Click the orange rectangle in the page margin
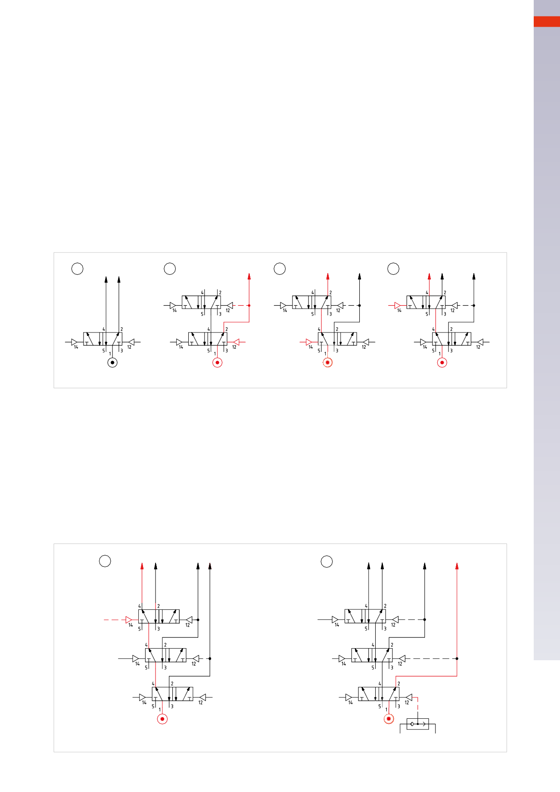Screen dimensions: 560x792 547,22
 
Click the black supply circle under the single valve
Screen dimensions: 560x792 112,363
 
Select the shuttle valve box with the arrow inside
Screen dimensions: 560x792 418,724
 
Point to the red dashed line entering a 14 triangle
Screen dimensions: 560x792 115,620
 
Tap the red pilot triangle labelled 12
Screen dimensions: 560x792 236,342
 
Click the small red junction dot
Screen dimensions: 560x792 249,305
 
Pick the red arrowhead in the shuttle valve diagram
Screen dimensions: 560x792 457,566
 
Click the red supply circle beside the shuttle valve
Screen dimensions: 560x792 389,719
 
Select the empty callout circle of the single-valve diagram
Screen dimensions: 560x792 77,268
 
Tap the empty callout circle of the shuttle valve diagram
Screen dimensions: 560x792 327,561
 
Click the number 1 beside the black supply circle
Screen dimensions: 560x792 110,354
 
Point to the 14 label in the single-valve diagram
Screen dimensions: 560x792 76,347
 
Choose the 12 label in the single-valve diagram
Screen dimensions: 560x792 129,347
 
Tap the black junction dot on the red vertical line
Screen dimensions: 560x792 457,658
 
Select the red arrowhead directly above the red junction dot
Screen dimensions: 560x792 249,276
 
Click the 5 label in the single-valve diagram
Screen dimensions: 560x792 103,351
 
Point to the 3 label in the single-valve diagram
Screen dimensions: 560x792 122,351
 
